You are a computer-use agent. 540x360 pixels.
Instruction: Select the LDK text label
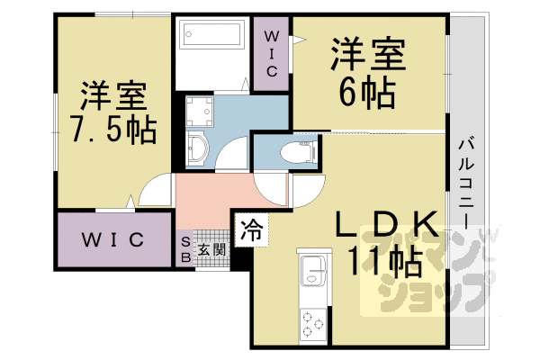pos(390,225)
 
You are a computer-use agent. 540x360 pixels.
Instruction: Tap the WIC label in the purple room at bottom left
pos(115,240)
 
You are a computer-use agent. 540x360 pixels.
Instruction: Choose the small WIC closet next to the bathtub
pos(270,54)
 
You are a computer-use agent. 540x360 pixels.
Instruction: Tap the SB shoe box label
pos(185,249)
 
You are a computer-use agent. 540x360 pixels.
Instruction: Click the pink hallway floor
pos(216,193)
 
